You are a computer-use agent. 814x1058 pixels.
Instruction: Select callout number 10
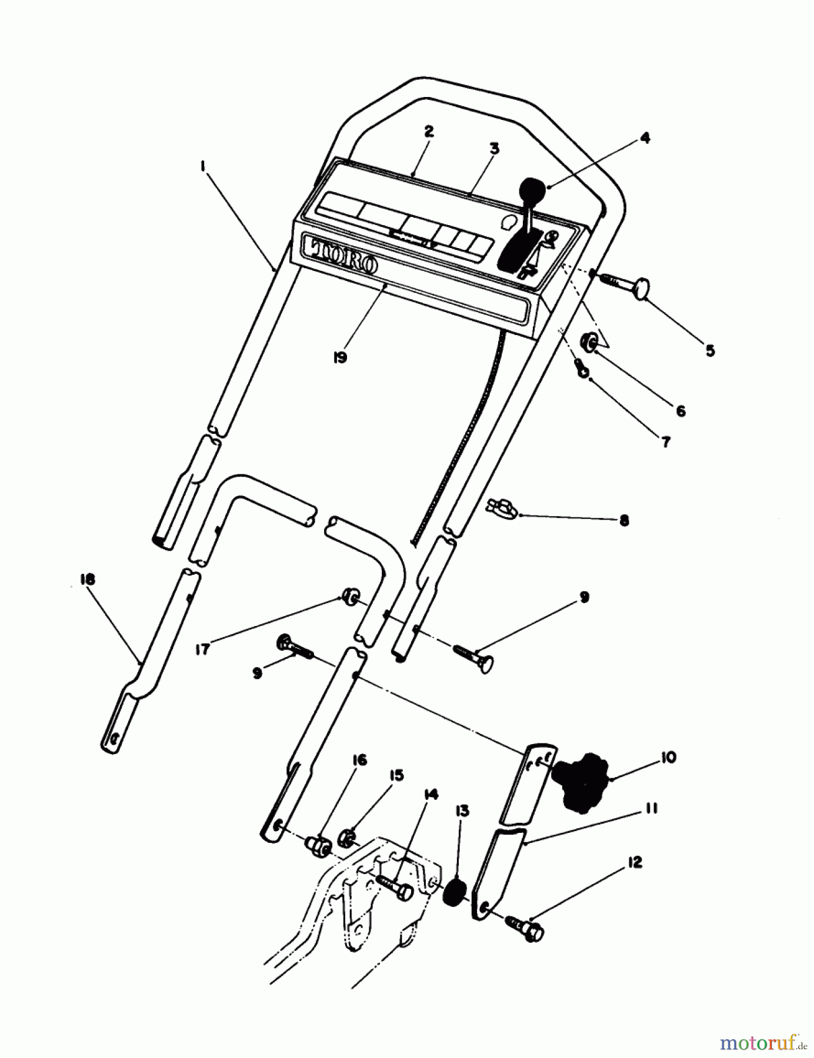pos(668,758)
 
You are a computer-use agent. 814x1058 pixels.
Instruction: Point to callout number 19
pos(339,357)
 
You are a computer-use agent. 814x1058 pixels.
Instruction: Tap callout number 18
pos(88,580)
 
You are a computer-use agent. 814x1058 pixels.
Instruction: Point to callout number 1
pos(202,166)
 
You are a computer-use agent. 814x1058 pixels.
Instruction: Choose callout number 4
pos(645,138)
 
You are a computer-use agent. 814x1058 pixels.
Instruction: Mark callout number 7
pos(666,442)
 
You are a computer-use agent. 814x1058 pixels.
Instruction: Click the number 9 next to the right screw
pos(583,597)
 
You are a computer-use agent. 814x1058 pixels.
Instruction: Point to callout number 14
pos(431,795)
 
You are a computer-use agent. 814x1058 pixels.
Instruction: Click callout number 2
pos(428,132)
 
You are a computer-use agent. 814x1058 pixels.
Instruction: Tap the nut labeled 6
pos(589,341)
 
